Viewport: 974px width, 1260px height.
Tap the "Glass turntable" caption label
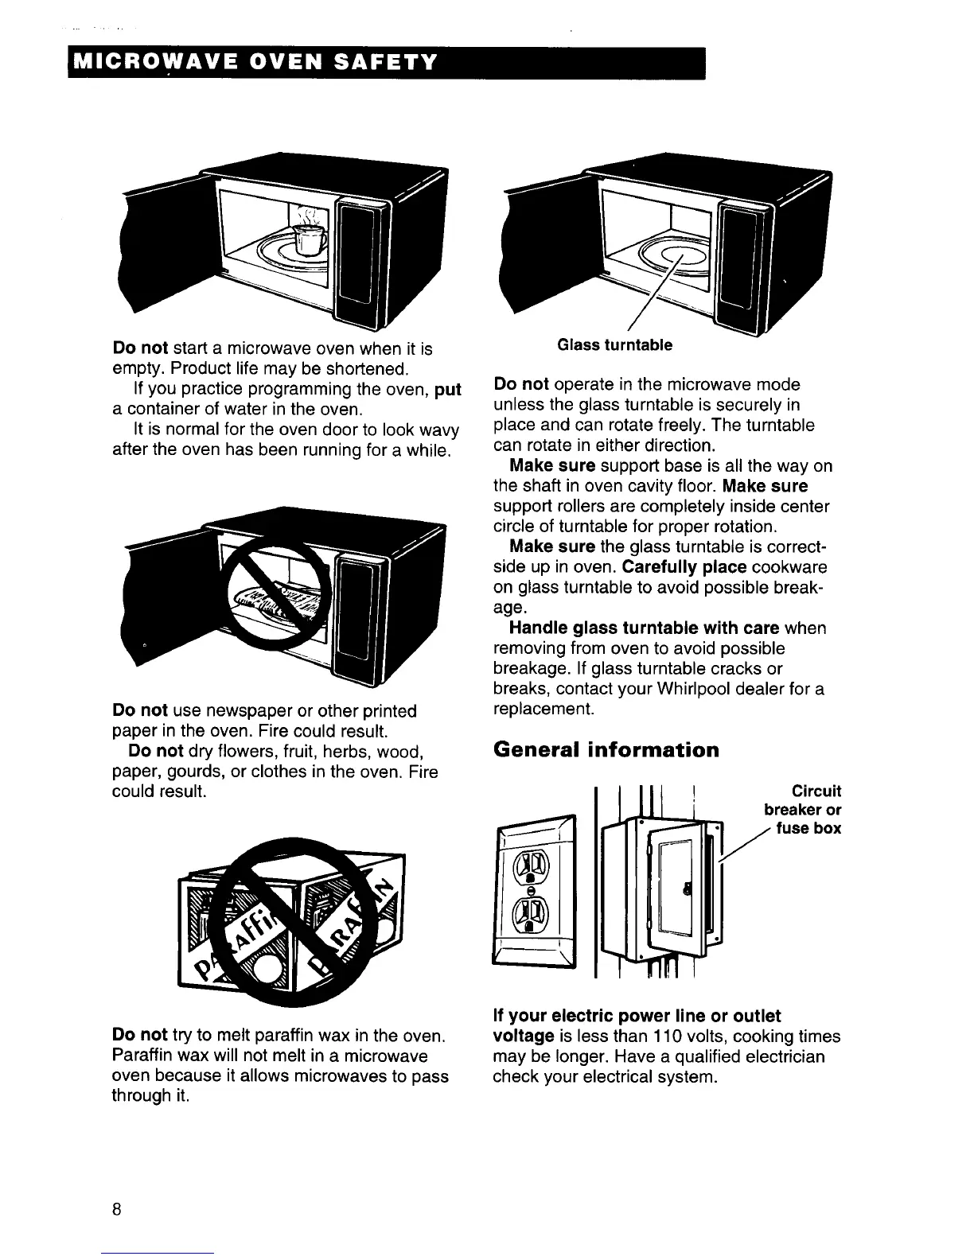pyautogui.click(x=614, y=344)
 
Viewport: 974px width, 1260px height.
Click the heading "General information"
pyautogui.click(x=606, y=750)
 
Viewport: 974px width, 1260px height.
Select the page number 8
pyautogui.click(x=116, y=1210)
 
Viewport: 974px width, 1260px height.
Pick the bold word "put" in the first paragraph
pyautogui.click(x=449, y=390)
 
